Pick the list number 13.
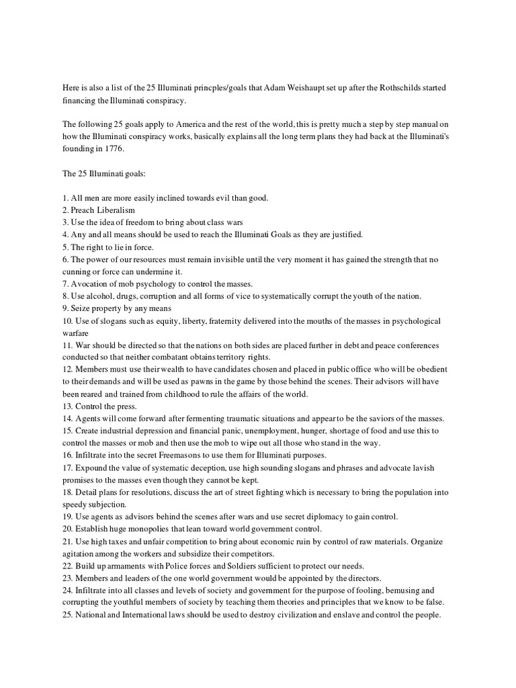[x=69, y=406]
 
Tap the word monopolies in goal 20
[x=142, y=528]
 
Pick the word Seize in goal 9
[x=81, y=308]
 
